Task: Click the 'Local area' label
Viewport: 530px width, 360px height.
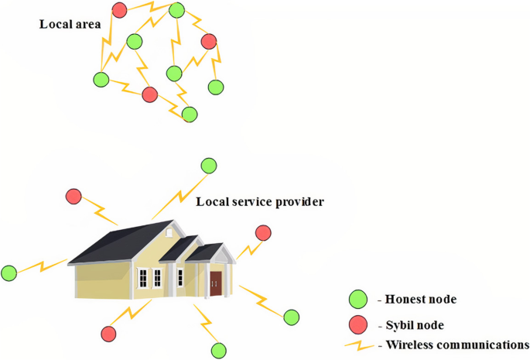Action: [x=70, y=24]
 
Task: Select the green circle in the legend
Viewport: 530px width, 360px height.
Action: [x=357, y=299]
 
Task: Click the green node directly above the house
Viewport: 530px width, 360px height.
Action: [x=209, y=166]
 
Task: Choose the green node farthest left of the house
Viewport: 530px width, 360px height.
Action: [x=9, y=273]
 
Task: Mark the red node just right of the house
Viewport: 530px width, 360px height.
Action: [x=263, y=232]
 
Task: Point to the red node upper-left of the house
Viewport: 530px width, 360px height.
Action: [x=74, y=197]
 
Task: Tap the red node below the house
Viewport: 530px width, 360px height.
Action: [x=108, y=334]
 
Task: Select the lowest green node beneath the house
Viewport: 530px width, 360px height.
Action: [x=219, y=349]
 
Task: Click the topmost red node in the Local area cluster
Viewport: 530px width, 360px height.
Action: [x=119, y=10]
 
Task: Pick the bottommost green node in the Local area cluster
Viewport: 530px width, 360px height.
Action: [x=189, y=115]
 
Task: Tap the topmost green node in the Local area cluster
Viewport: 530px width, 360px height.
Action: [x=176, y=10]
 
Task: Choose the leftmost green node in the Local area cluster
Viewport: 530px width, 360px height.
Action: [x=100, y=79]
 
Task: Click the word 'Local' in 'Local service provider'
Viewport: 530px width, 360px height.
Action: [x=212, y=202]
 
